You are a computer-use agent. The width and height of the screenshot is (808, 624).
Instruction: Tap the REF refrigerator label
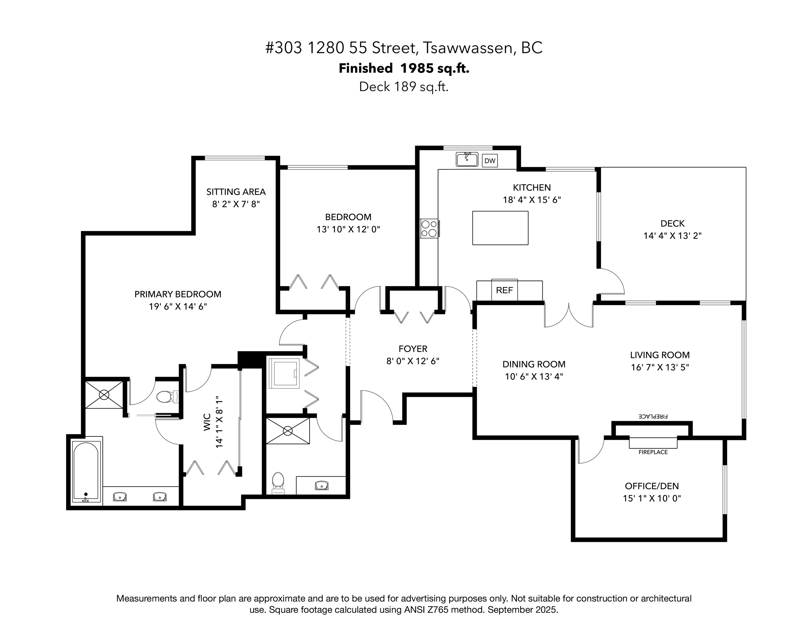[x=504, y=290]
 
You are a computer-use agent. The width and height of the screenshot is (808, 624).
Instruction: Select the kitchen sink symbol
[x=467, y=159]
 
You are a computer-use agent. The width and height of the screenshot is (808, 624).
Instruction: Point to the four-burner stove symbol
[x=429, y=229]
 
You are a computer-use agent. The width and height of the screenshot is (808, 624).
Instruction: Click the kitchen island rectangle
[x=500, y=228]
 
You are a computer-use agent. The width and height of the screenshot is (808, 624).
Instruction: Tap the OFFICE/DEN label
[x=652, y=486]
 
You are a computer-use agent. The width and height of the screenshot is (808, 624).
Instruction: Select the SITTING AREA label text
[x=236, y=192]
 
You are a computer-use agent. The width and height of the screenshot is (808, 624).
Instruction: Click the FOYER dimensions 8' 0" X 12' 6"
[x=413, y=361]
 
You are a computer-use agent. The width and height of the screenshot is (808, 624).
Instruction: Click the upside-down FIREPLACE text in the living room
[x=653, y=416]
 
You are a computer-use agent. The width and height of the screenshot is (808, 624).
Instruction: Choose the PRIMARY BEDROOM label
[x=178, y=294]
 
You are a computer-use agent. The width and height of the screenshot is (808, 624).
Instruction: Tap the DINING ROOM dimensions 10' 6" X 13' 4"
[x=534, y=376]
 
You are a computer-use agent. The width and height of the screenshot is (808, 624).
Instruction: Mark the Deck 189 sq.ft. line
[x=404, y=87]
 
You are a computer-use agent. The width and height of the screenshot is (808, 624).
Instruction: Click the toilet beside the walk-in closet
[x=167, y=397]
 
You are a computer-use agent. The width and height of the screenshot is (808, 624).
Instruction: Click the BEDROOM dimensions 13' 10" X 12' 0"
[x=348, y=229]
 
